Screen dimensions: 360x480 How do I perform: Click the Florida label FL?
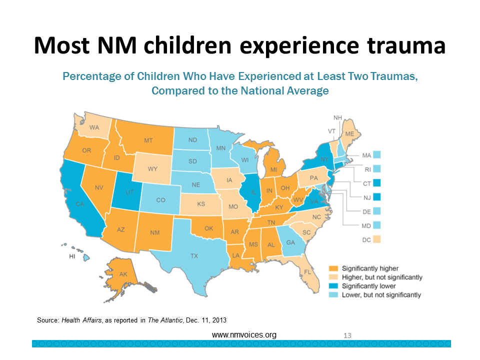click(x=308, y=272)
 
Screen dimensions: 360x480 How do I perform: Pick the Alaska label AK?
click(x=123, y=274)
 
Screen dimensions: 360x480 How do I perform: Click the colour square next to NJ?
click(x=376, y=197)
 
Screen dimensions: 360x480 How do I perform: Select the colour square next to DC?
click(x=376, y=239)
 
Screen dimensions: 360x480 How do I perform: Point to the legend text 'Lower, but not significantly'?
click(x=381, y=295)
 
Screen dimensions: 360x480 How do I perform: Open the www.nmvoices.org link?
click(x=244, y=334)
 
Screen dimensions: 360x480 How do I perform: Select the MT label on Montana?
click(x=148, y=141)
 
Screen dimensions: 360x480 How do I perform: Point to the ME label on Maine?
click(x=350, y=134)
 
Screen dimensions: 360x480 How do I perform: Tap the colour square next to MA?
click(x=376, y=155)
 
